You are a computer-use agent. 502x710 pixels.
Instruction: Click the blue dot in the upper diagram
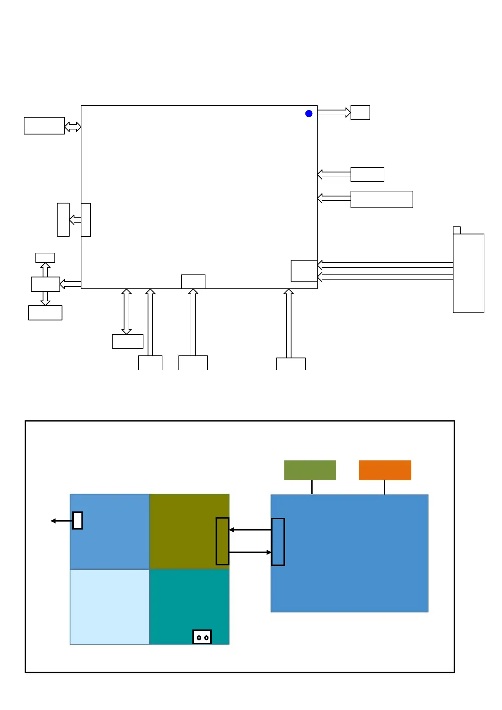[309, 113]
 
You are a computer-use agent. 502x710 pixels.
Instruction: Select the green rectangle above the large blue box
[310, 470]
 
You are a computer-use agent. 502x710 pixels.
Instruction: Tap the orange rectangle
[385, 470]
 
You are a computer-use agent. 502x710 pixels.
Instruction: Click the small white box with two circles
[202, 637]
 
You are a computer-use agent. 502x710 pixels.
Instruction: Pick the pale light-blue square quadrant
[110, 607]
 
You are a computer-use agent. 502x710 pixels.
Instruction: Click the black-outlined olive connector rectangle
[222, 541]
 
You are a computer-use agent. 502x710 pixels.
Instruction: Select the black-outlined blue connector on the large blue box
[278, 542]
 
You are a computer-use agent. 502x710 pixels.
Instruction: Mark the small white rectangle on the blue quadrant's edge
[78, 520]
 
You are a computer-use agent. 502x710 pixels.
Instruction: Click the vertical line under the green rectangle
[312, 487]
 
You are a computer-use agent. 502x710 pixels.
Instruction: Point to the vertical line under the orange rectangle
[384, 487]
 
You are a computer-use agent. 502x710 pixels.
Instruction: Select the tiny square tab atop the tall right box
[456, 230]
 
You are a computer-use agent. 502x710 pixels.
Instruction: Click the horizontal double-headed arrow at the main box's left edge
[73, 126]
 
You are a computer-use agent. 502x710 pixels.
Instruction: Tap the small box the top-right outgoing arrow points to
[360, 113]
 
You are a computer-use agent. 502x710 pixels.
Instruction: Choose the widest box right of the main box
[381, 199]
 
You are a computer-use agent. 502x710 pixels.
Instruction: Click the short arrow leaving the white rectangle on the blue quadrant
[62, 521]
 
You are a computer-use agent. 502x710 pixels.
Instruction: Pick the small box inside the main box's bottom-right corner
[304, 271]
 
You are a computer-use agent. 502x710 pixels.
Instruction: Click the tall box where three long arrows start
[468, 273]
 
